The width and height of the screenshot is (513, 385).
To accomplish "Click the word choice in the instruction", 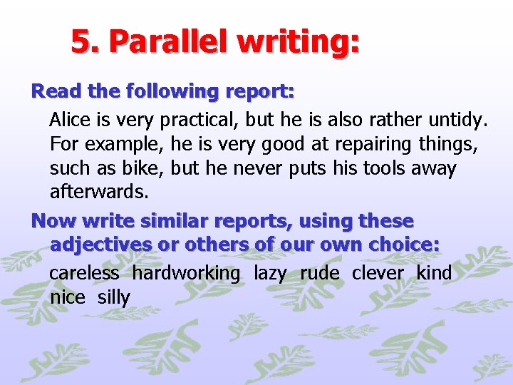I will click(x=404, y=245).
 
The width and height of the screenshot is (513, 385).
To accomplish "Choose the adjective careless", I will click(x=84, y=272).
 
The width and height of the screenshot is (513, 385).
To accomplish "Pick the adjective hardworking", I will click(x=186, y=272).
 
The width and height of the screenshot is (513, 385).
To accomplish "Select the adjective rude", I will click(x=319, y=272).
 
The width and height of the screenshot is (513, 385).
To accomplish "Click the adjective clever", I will click(x=378, y=272).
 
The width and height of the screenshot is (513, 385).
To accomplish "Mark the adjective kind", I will click(x=434, y=272).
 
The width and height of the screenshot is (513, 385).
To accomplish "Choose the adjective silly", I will click(x=114, y=297).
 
